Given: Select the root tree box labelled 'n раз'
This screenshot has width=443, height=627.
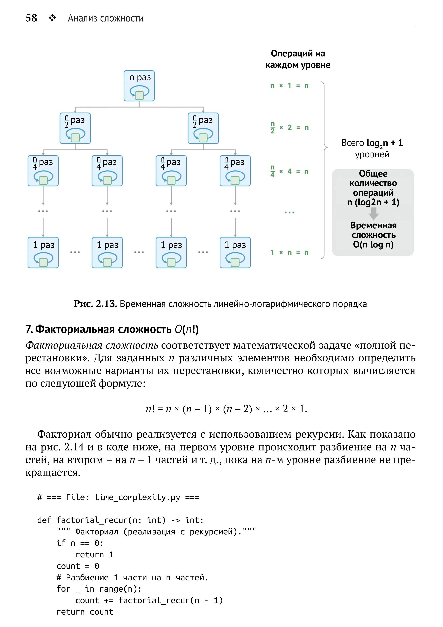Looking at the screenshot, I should [x=139, y=86].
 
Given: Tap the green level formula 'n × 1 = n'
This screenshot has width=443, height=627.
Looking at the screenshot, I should [x=289, y=86].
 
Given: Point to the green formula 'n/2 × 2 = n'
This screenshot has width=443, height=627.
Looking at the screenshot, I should [x=289, y=127].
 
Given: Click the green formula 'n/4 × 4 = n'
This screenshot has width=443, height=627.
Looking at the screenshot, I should [x=289, y=171].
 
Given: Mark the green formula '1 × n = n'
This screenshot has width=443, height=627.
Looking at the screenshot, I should [x=289, y=252].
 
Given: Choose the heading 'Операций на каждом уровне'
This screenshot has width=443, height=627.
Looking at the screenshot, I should [x=298, y=59].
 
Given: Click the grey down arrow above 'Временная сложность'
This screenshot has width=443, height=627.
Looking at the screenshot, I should [x=373, y=214].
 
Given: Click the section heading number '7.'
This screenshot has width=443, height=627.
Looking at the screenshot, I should [x=29, y=329].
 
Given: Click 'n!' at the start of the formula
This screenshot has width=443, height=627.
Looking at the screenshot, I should [x=150, y=409].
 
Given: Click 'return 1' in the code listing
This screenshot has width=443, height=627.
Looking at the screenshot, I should [x=94, y=555].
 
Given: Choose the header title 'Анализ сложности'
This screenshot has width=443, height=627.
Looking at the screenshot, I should [x=106, y=18].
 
